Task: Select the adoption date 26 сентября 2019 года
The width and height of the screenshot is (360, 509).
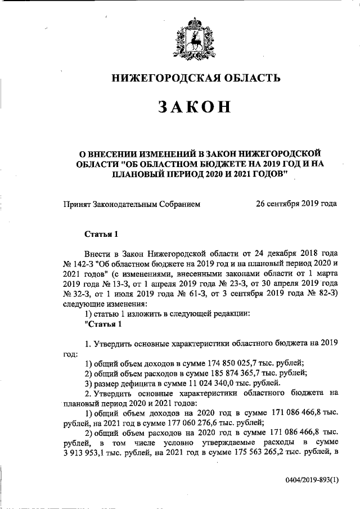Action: click(296, 203)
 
